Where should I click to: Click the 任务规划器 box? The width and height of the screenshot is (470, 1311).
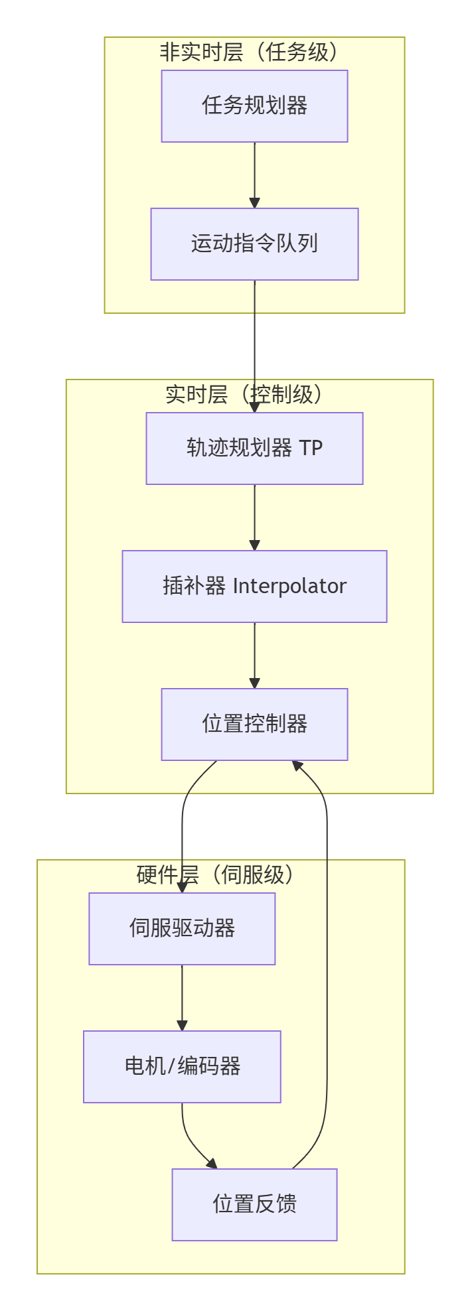(x=254, y=106)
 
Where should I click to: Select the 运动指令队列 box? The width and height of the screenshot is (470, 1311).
(x=254, y=244)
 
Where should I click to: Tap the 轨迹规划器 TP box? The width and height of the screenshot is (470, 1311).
(x=254, y=448)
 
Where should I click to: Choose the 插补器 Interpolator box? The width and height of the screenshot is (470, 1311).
(x=254, y=586)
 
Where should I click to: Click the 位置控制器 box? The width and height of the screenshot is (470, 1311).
(x=254, y=724)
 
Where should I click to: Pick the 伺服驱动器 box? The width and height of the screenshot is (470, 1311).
(x=182, y=929)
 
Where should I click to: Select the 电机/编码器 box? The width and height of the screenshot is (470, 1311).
(x=182, y=1067)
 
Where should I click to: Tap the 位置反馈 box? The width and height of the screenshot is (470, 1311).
(x=254, y=1205)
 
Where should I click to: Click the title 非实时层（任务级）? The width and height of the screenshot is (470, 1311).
(x=254, y=52)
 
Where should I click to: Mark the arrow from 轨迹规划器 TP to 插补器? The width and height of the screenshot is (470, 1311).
(x=254, y=517)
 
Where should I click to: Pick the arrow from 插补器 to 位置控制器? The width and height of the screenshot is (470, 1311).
(x=254, y=655)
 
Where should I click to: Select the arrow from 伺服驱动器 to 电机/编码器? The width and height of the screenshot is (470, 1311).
(x=182, y=998)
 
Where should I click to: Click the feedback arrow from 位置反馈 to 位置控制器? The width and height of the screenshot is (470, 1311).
(x=327, y=962)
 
